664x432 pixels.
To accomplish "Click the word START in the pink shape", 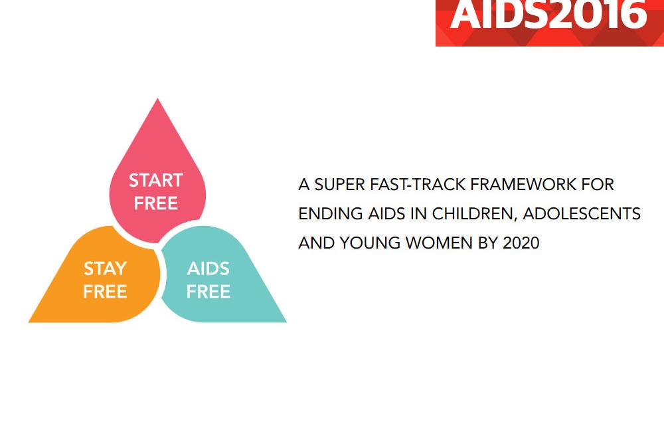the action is (x=156, y=181).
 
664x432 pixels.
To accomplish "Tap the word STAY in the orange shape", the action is (x=105, y=269).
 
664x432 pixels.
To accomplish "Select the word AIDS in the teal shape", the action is (x=208, y=269).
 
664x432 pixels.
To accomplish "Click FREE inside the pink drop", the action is (x=156, y=203).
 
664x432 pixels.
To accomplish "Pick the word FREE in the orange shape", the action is (x=105, y=292).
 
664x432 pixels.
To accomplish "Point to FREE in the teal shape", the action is (x=208, y=292).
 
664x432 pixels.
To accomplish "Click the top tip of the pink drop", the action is (x=158, y=99).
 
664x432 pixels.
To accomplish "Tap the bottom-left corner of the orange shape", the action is (x=29, y=322).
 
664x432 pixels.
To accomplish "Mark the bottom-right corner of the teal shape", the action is (x=286, y=322).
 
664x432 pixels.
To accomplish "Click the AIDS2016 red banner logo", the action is (x=550, y=23).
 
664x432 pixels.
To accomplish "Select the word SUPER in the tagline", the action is (x=339, y=185).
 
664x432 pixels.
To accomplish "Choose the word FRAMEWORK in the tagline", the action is (x=523, y=185).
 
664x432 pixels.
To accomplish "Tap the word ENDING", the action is (x=330, y=213).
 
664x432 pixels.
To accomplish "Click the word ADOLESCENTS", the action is (x=582, y=213).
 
